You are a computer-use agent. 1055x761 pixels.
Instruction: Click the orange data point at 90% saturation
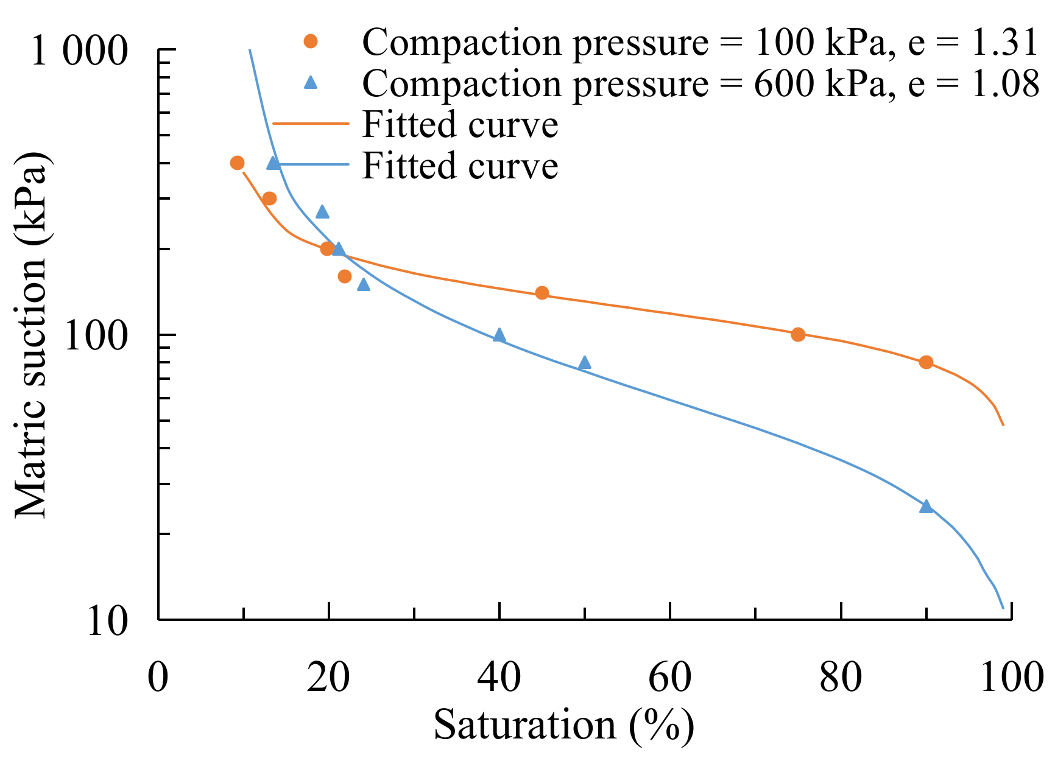[x=926, y=362]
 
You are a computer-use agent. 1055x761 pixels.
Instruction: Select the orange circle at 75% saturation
[x=798, y=334]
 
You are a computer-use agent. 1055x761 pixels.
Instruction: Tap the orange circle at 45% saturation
[x=542, y=293]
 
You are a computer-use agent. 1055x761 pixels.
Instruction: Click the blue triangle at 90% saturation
[x=926, y=507]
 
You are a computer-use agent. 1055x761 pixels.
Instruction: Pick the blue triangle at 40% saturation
[x=499, y=335]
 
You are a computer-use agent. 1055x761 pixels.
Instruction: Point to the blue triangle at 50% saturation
[x=584, y=363]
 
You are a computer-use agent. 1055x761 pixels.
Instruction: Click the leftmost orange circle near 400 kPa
[x=237, y=163]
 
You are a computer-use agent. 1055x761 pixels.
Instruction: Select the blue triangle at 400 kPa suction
[x=273, y=163]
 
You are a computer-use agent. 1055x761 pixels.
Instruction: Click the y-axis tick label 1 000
[x=79, y=50]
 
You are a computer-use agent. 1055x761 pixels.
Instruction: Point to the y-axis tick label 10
[x=108, y=621]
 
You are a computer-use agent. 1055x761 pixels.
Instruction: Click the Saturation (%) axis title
[x=563, y=725]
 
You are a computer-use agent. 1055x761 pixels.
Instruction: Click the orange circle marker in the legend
[x=311, y=41]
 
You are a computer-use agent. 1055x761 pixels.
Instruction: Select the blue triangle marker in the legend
[x=311, y=82]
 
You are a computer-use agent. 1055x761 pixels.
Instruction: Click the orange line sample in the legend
[x=311, y=123]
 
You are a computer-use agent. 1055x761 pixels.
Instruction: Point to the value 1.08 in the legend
[x=1004, y=83]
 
